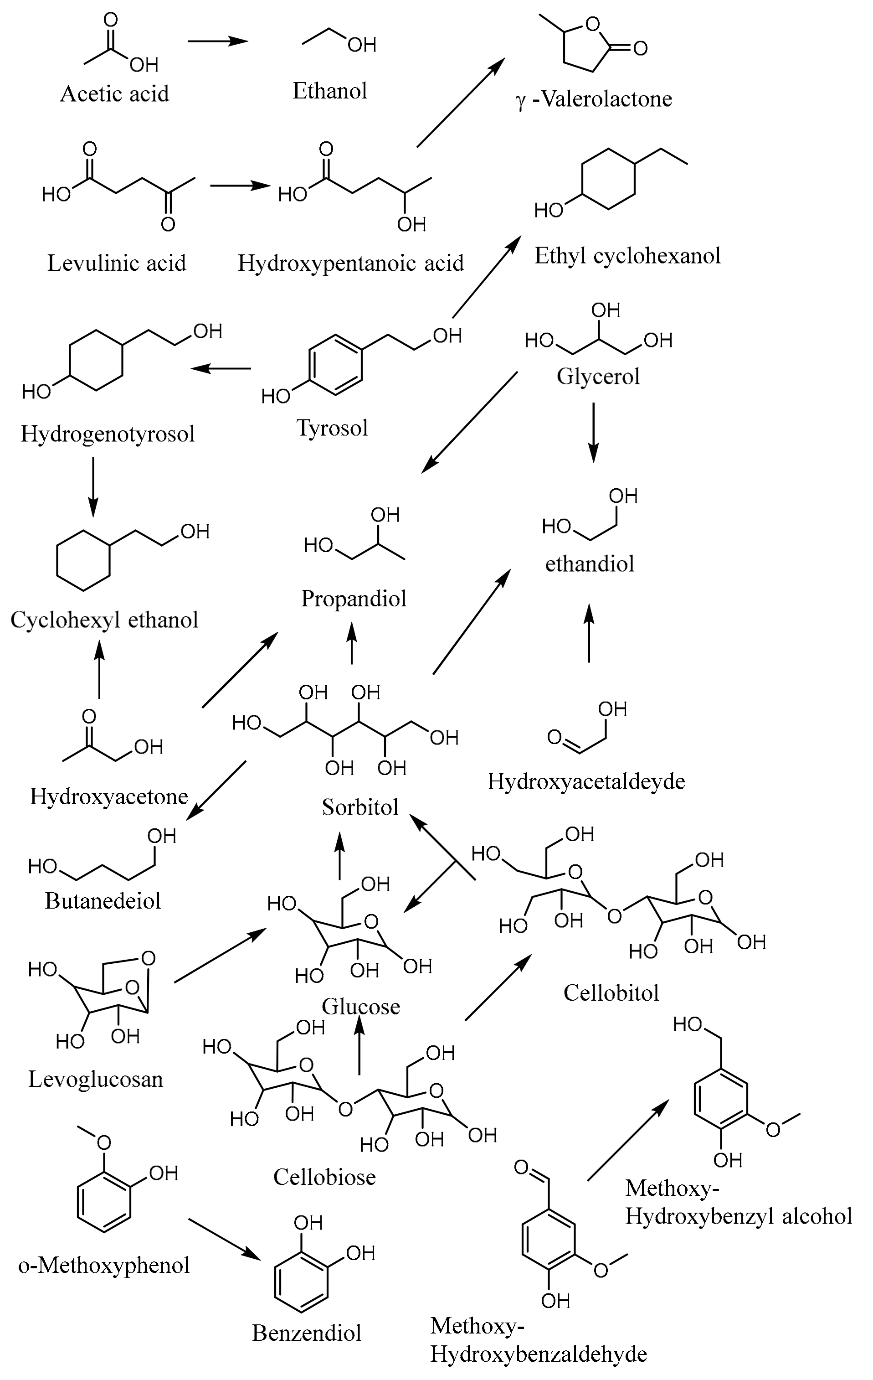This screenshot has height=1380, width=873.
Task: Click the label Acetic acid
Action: click(114, 94)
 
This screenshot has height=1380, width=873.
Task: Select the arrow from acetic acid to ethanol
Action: click(218, 41)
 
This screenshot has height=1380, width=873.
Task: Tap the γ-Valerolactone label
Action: click(593, 99)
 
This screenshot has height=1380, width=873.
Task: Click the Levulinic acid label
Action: click(116, 263)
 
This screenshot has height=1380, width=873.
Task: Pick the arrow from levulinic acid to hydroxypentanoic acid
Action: click(240, 186)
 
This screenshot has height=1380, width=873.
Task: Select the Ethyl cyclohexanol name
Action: click(627, 256)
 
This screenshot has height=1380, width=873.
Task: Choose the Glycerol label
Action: click(598, 377)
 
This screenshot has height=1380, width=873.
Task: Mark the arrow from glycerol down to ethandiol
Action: click(593, 432)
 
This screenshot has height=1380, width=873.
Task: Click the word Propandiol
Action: click(354, 599)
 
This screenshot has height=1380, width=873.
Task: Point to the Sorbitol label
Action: click(360, 807)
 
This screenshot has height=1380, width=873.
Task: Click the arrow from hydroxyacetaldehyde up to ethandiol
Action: click(589, 633)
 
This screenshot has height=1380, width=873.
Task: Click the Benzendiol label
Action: click(307, 1333)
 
